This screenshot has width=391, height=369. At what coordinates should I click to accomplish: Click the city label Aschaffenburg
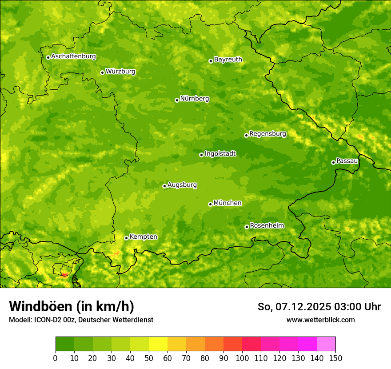point(73,56)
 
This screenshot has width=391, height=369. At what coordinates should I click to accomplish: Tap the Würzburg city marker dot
point(102,72)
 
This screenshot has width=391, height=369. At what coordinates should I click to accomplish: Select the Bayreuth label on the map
point(228,60)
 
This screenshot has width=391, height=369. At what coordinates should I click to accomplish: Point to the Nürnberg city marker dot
point(177,100)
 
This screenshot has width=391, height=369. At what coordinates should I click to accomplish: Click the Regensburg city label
point(267,134)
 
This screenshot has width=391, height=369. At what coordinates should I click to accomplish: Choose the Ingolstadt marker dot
point(201,155)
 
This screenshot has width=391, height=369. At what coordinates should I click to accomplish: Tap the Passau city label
point(347,161)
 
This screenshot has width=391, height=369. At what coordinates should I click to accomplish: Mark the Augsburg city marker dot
point(164,186)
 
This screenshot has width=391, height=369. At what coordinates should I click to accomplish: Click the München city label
point(227,203)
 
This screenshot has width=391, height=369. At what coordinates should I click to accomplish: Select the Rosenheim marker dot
point(247,227)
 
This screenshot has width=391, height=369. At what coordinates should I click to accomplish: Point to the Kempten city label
point(143,237)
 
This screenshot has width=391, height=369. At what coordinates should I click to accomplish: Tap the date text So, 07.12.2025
point(294,307)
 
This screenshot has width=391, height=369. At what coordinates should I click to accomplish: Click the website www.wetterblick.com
point(320,320)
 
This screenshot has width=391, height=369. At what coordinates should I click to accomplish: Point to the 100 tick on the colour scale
point(242,358)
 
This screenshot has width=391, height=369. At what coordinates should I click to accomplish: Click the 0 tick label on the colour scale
point(56,358)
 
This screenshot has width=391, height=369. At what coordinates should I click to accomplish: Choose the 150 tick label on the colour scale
point(335,358)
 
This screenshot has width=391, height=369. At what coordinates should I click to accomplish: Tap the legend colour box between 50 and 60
point(158,344)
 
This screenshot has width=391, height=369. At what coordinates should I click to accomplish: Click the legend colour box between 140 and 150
point(326,344)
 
